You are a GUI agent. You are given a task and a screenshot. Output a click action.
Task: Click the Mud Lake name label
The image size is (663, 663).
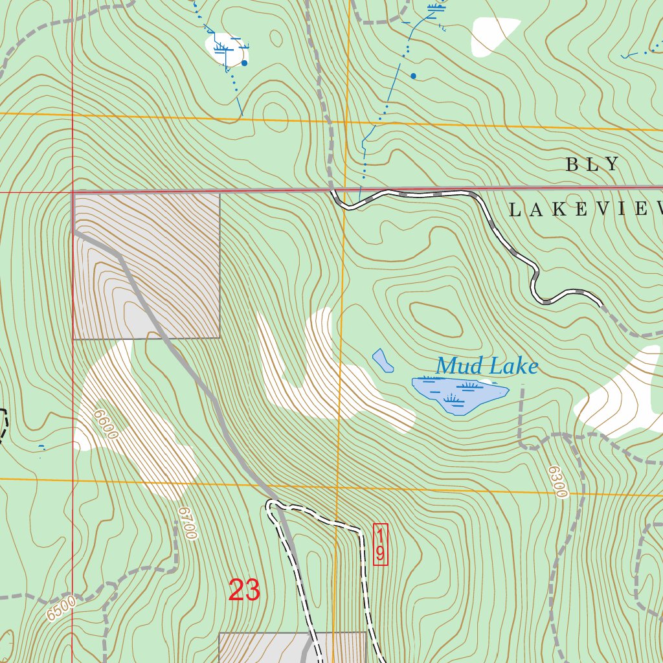486,366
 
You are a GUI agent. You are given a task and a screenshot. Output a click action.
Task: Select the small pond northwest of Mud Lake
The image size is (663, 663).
383,361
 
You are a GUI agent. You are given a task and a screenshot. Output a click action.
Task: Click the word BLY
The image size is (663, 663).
592,164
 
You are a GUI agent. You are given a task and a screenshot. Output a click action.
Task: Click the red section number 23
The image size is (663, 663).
244,590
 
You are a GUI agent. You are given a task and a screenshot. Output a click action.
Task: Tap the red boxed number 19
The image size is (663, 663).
381,545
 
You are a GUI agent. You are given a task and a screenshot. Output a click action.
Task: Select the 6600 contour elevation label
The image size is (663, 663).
105,424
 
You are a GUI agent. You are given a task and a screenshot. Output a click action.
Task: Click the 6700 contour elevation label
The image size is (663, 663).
187,523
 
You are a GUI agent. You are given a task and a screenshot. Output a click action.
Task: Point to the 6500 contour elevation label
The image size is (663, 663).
62,609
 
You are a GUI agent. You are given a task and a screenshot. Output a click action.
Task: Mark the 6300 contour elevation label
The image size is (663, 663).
557,482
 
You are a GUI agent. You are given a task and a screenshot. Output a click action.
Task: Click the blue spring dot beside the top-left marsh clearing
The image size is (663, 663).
244,63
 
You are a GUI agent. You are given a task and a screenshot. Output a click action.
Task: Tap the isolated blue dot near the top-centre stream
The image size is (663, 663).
413,76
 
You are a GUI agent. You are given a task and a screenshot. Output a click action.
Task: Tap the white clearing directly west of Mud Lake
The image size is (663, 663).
324,376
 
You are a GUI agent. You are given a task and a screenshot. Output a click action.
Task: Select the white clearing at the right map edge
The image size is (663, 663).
622,395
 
